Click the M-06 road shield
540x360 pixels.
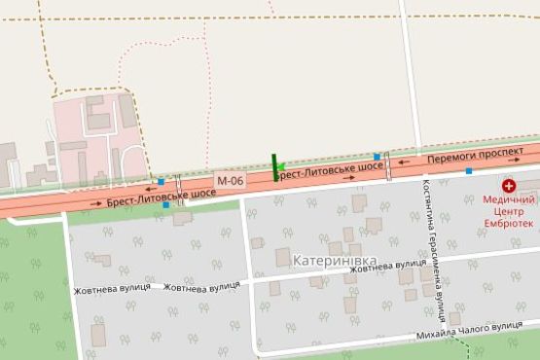(x=231, y=180)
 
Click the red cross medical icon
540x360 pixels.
(x=508, y=185)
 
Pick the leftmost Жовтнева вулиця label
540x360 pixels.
(x=111, y=289)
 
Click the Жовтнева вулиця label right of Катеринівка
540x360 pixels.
(x=388, y=264)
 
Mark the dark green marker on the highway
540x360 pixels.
(x=276, y=166)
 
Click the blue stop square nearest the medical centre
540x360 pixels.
(x=469, y=171)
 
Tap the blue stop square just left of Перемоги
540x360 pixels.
(x=377, y=156)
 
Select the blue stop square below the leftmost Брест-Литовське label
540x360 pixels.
(x=166, y=205)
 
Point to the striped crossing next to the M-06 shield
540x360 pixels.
(x=179, y=185)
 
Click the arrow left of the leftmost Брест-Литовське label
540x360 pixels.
(x=95, y=202)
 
